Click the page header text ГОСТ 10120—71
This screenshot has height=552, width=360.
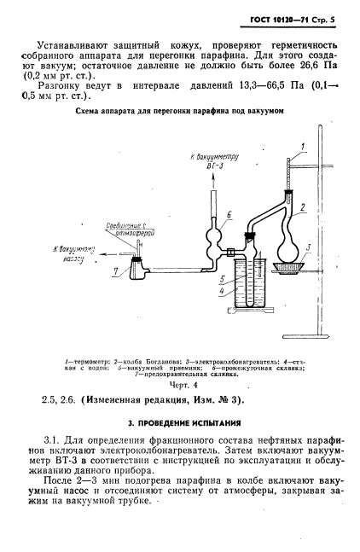pos(282,17)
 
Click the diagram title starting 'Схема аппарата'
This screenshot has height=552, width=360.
pos(180,136)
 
